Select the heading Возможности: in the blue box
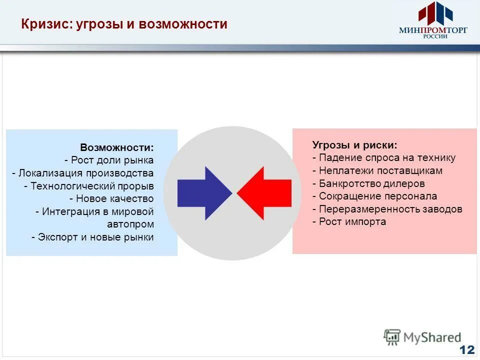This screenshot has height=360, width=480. coord(117,148)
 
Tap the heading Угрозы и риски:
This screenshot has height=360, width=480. coord(355,145)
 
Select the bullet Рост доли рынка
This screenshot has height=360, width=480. coord(109,160)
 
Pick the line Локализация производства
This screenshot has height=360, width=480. coord(83,173)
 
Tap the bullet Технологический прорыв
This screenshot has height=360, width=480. coord(89,186)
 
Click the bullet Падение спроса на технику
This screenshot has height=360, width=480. coord(384,158)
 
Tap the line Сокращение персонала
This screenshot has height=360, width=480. coord(374,196)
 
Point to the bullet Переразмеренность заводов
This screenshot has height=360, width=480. coord(387,209)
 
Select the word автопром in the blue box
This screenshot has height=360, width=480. coord(130,224)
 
